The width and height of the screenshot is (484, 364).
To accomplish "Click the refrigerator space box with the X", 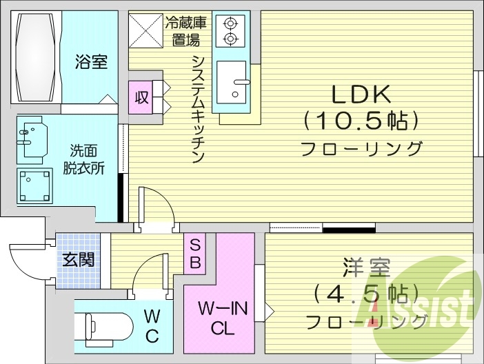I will (x=145, y=30).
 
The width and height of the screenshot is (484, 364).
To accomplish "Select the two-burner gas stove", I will (x=230, y=31).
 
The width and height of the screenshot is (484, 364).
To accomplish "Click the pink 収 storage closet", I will (x=141, y=97).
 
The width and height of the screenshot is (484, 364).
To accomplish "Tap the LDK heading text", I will (x=362, y=93).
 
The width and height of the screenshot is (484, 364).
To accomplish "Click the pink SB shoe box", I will (x=195, y=253).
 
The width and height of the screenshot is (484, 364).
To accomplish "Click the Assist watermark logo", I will (x=421, y=303).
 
